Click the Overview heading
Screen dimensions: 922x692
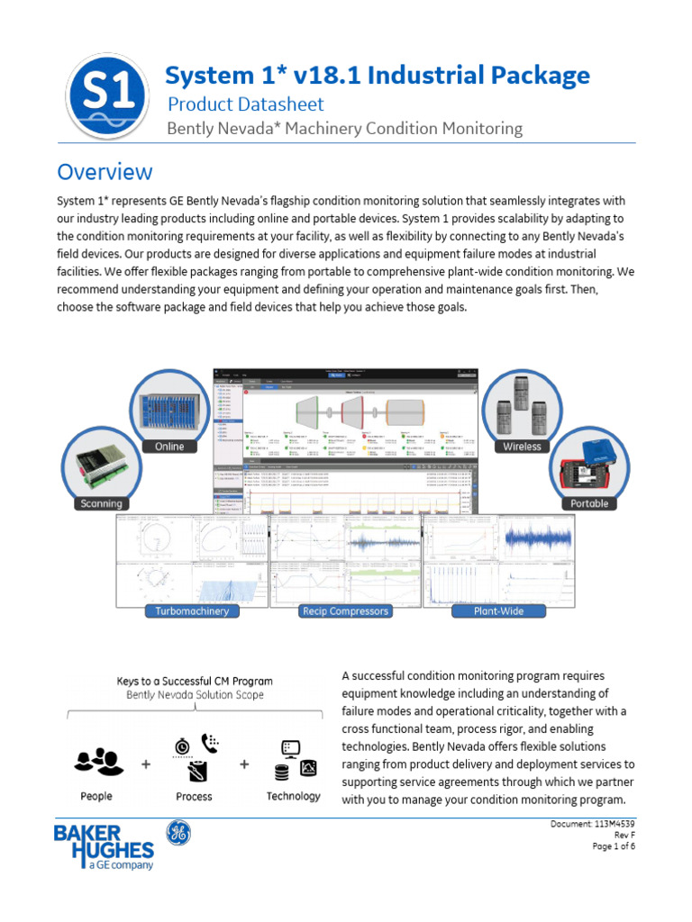click(105, 171)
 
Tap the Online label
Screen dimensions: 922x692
click(168, 447)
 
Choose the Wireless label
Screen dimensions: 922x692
click(523, 447)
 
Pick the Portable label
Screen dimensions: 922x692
click(589, 503)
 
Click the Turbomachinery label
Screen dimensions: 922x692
click(192, 611)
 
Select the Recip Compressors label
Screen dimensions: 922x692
click(345, 611)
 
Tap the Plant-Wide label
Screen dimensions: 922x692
click(498, 611)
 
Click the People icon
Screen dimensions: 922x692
click(97, 762)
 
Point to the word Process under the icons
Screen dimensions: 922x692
click(194, 796)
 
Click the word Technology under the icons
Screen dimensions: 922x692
click(293, 796)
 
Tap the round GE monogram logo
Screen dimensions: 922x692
click(178, 834)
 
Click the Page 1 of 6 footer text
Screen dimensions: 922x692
click(614, 846)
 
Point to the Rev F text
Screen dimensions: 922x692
click(624, 836)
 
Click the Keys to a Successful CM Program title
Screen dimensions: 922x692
click(195, 681)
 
